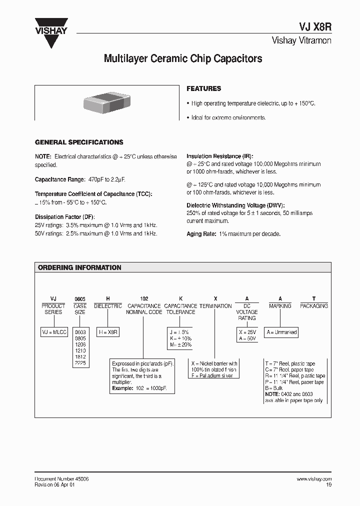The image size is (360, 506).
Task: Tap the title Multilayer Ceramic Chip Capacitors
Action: point(182,59)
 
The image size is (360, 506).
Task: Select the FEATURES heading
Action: point(203,88)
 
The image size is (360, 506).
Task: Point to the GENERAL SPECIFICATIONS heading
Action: point(79,142)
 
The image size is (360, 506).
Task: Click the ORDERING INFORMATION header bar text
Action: point(79,267)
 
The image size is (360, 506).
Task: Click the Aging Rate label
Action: point(201,234)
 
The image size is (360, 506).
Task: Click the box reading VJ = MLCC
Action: point(53,332)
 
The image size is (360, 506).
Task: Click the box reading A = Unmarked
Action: point(282,332)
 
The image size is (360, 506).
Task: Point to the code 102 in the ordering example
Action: point(144,298)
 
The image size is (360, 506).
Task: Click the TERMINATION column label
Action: point(215,306)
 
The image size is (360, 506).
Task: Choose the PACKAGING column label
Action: point(313,305)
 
